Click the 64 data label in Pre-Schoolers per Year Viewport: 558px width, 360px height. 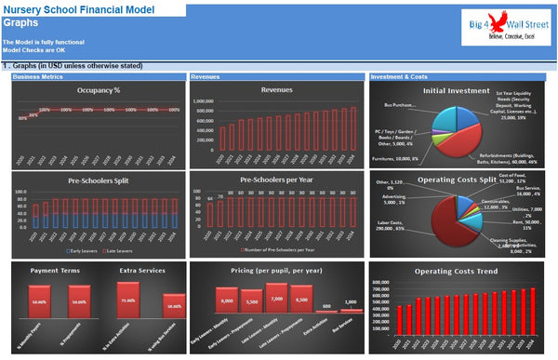210,198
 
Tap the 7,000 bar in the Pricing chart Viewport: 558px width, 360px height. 274,301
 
